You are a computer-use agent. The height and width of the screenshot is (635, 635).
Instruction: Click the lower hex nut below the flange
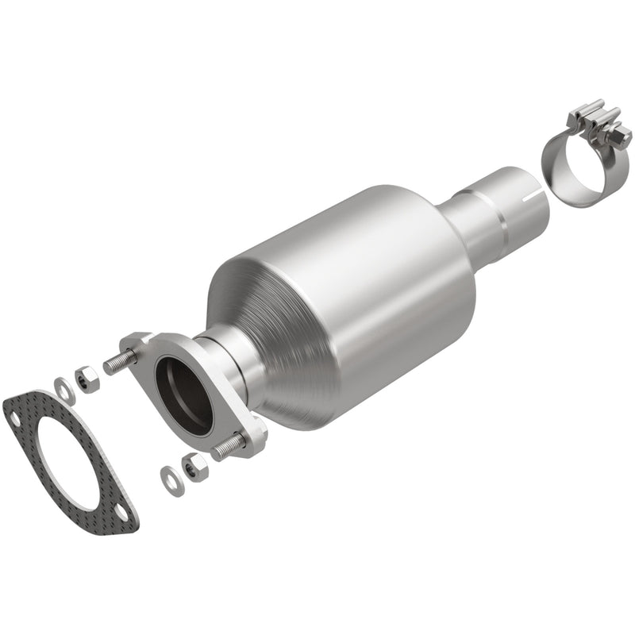click(x=194, y=468)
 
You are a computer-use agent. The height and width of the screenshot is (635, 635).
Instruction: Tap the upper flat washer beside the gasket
click(x=63, y=388)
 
